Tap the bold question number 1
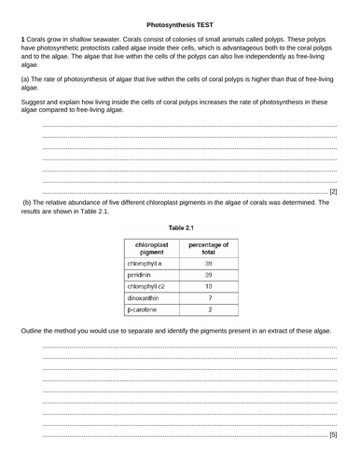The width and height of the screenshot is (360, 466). (x=21, y=34)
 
